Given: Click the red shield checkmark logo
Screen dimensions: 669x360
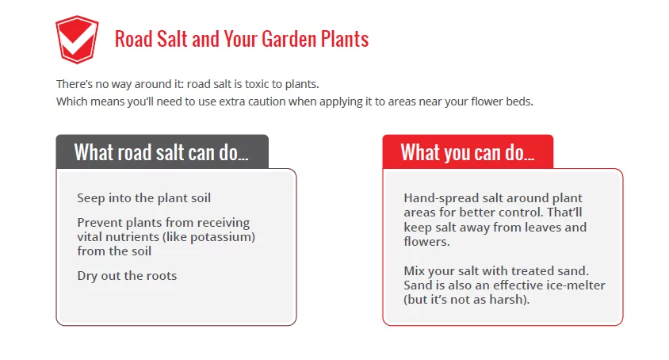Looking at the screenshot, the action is (x=77, y=40).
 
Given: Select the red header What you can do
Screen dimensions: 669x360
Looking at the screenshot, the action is (x=468, y=152).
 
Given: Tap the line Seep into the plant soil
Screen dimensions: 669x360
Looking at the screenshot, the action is (x=143, y=198).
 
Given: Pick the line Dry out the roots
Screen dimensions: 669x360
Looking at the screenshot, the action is (x=127, y=276).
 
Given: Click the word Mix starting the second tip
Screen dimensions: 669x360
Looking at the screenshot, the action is (x=414, y=270).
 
